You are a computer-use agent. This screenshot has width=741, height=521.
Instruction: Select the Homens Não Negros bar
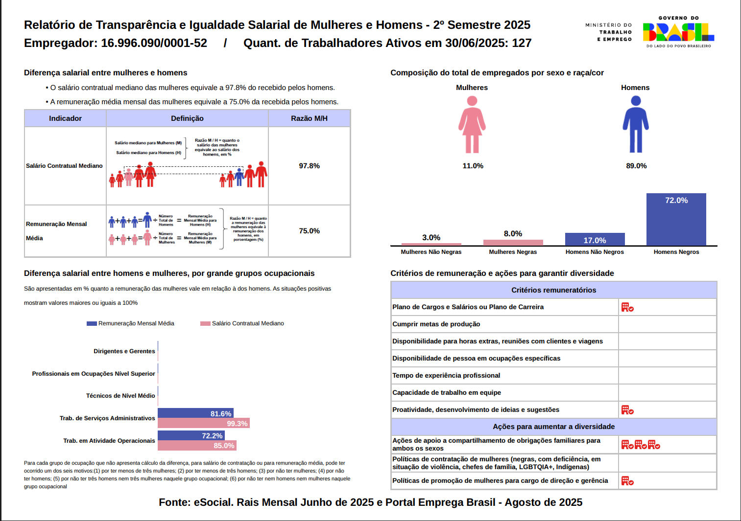pos(595,239)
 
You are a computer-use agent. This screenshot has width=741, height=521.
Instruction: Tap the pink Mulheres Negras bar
pos(513,242)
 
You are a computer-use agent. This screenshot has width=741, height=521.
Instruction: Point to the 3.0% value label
pos(431,238)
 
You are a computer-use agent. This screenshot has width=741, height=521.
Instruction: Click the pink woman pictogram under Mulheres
pos(472,124)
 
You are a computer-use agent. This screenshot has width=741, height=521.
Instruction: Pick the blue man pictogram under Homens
pos(636,124)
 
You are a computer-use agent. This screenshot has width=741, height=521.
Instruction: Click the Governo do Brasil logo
pos(678,32)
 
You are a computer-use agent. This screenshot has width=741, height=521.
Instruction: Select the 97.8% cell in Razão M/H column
pos(309,166)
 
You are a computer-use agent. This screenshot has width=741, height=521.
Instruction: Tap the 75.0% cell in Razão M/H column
pos(309,231)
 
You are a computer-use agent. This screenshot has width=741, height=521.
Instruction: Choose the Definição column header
pos(187,118)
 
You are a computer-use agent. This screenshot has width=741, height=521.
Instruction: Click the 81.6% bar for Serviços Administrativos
pos(195,413)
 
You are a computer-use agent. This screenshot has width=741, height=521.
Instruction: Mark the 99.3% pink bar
pos(203,423)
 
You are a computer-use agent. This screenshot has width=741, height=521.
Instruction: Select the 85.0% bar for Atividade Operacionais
pos(197,446)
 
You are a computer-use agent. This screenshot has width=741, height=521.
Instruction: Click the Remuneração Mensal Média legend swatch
pos(92,323)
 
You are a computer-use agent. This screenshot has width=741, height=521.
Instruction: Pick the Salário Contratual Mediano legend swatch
pos(205,323)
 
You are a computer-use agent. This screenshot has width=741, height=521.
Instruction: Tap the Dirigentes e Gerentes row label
pos(124,351)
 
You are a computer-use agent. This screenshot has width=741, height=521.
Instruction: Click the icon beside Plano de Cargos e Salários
pos(627,307)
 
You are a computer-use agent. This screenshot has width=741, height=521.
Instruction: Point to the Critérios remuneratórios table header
pos(553,290)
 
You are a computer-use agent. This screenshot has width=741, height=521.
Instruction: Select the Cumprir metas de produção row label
pos(436,324)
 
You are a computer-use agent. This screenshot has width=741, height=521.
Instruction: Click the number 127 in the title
pos(522,43)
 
